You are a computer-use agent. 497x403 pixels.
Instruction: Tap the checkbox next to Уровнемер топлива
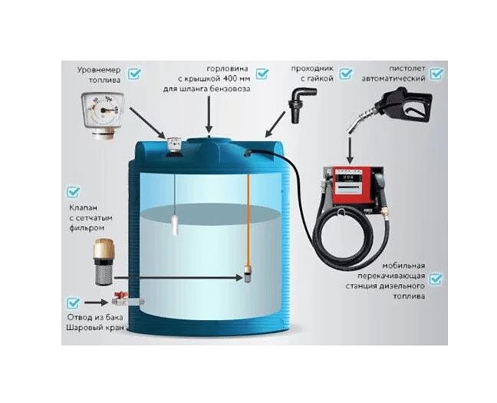134,74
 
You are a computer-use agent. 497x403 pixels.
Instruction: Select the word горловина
227,69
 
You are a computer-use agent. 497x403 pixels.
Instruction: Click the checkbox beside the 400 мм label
262,74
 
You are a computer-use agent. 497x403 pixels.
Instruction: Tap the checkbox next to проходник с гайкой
346,74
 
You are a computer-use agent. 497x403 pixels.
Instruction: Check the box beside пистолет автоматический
436,74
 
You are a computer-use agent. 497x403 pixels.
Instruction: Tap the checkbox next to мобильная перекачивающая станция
436,279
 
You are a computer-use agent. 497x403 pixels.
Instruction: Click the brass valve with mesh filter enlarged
104,262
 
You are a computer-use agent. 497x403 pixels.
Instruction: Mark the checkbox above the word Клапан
73,192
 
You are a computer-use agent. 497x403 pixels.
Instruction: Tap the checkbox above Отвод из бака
73,302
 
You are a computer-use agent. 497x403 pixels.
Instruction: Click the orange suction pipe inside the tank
248,222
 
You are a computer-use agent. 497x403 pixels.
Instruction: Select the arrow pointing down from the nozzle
350,150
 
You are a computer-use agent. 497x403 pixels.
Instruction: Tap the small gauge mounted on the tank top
173,145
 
